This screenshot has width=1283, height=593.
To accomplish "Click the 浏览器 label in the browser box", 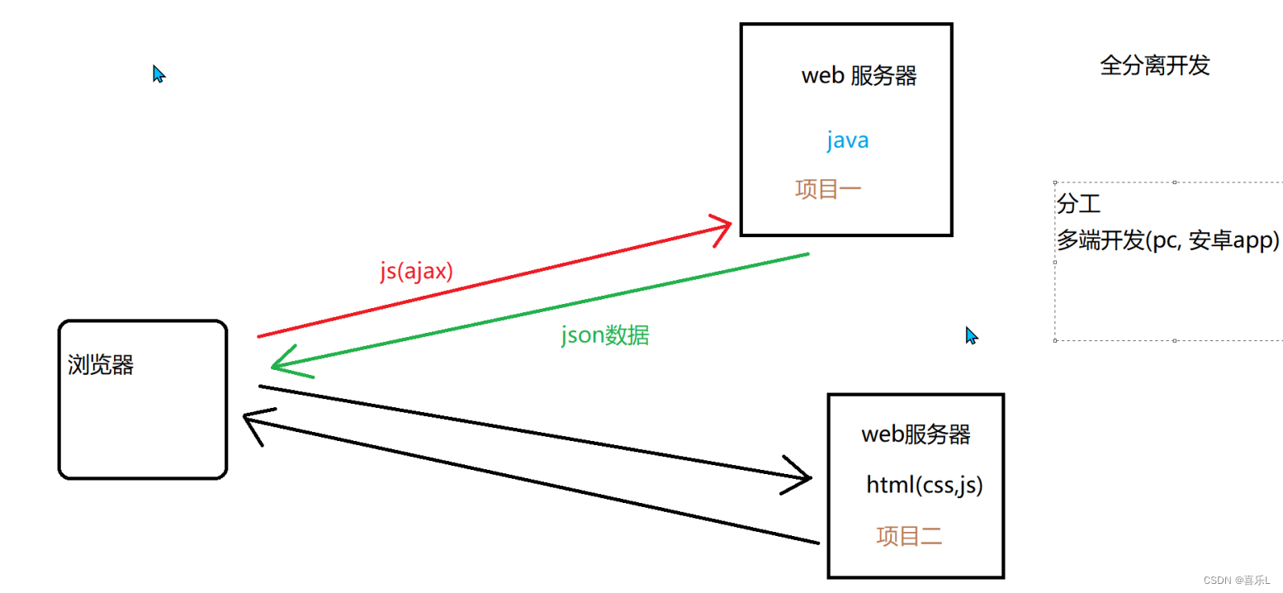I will point(101,365).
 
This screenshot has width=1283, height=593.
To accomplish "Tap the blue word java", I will point(847,140).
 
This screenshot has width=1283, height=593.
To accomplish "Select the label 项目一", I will point(828,189).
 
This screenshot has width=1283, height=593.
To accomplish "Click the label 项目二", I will point(909,537).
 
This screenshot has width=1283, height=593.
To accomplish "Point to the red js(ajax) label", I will point(417,273).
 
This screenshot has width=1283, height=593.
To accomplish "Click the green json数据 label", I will point(604,335).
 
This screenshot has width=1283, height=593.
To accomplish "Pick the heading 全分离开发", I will point(1154,66).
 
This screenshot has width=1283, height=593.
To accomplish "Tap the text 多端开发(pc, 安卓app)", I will point(1167,240).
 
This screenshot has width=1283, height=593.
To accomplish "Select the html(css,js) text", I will point(924,485).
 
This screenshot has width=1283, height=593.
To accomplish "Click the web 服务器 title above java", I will point(859,76).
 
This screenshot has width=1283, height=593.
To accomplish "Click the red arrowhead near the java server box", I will point(724,225).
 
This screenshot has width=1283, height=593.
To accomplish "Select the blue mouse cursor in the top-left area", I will point(159,74).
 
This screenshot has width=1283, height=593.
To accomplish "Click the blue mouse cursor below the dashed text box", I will point(972,335).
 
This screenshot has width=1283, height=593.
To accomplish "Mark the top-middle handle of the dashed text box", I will point(1175,182).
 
